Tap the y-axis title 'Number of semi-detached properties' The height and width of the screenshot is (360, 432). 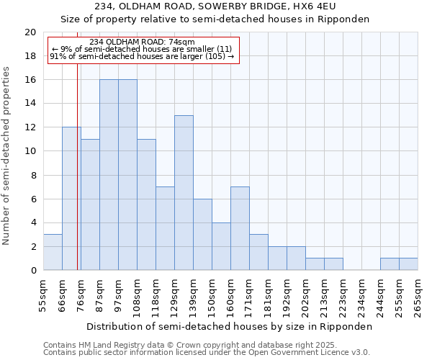[x=6, y=156]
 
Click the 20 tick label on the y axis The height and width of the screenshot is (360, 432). [x=30, y=32]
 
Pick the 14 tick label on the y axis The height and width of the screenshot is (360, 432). [x=30, y=104]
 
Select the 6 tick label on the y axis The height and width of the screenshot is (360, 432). [x=32, y=199]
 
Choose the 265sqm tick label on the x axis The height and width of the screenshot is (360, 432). [x=418, y=295]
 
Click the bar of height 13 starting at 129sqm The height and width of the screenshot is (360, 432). [x=184, y=193]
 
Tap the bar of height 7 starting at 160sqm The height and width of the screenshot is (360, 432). [x=240, y=228]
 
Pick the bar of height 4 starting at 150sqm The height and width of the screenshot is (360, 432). [x=221, y=246]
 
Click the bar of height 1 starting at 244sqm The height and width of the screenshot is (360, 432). [x=390, y=264]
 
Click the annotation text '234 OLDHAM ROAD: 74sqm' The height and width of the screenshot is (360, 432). [x=142, y=42]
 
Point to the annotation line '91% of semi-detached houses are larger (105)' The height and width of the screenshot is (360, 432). [x=142, y=56]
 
